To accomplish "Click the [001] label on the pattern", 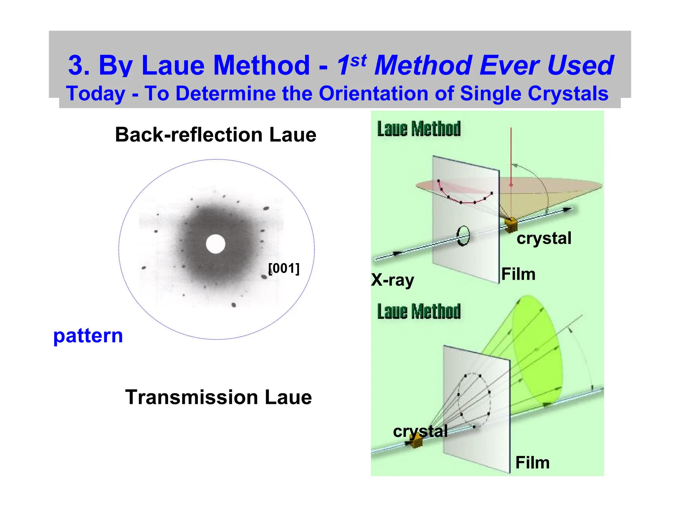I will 284,268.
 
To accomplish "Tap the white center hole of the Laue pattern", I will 215,244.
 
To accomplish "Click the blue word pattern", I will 88,336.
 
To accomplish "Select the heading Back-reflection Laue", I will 215,135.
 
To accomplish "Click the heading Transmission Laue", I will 218,397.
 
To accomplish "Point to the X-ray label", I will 392,280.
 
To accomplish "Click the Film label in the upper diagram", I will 518,274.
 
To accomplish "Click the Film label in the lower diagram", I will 532,462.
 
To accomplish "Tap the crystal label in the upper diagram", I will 544,238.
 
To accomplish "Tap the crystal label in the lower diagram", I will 420,431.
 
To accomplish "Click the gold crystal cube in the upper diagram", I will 511,225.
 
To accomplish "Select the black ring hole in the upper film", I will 463,236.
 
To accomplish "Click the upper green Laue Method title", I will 419,129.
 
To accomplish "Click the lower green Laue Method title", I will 419,311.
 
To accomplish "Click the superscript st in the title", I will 359,60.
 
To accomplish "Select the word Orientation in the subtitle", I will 374,93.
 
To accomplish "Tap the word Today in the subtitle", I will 96,93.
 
